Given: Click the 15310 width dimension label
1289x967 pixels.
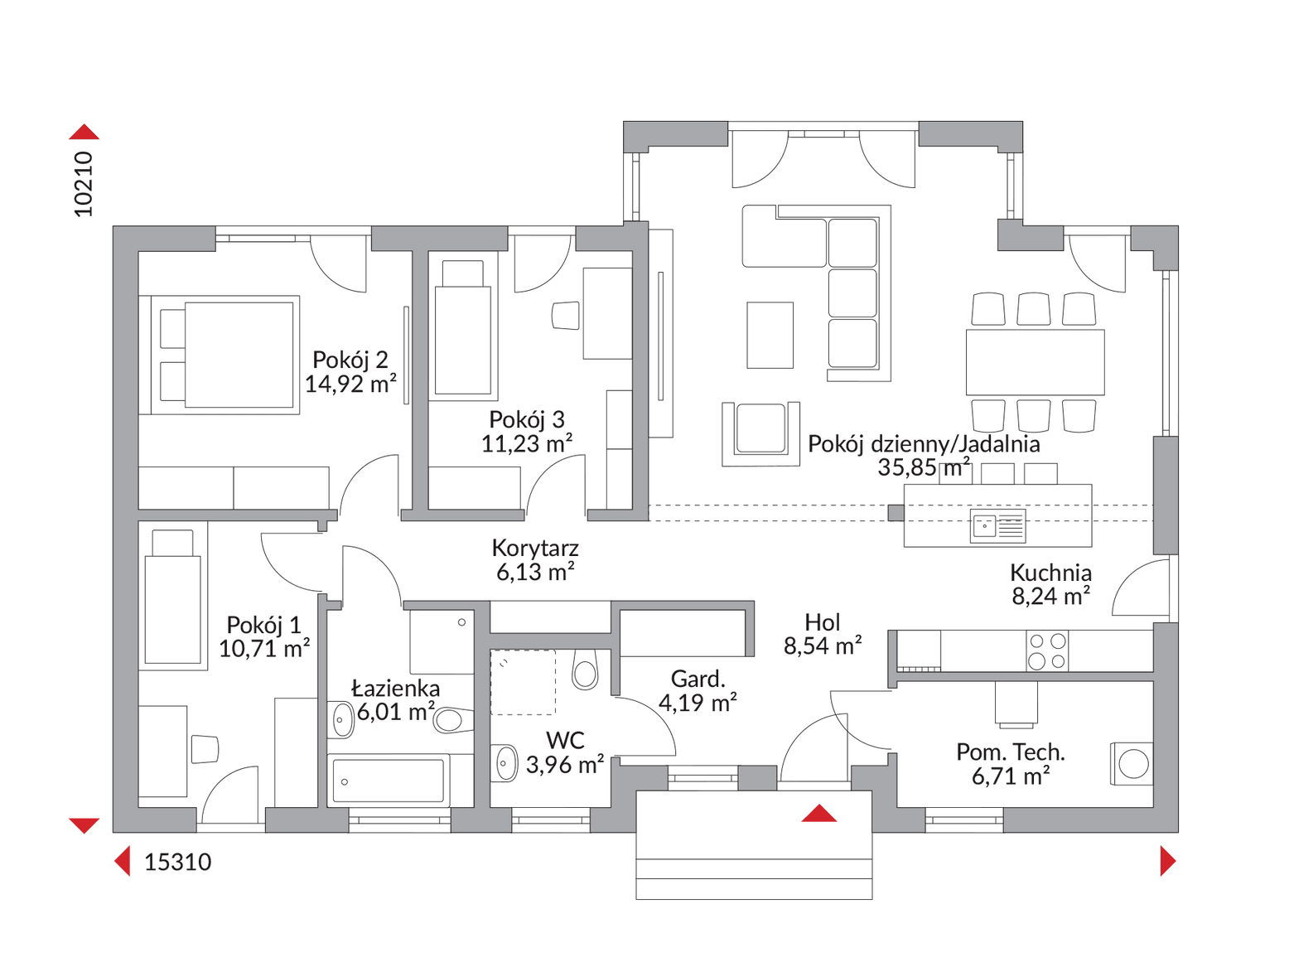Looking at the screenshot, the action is pyautogui.click(x=177, y=862).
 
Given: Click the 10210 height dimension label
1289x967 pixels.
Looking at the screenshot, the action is pyautogui.click(x=84, y=184).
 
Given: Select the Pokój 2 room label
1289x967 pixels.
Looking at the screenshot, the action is pyautogui.click(x=350, y=360).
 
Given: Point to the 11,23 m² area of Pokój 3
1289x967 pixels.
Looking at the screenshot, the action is pyautogui.click(x=526, y=444).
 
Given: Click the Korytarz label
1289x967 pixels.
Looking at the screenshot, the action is pyautogui.click(x=535, y=548).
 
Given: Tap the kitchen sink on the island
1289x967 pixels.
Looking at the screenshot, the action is pyautogui.click(x=997, y=525).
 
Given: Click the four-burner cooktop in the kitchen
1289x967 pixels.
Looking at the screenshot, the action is pyautogui.click(x=1047, y=651).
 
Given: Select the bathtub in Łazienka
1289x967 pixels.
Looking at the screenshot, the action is pyautogui.click(x=388, y=781).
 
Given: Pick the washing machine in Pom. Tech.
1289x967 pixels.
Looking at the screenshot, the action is pyautogui.click(x=1131, y=764).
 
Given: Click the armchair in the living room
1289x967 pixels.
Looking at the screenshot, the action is pyautogui.click(x=760, y=433).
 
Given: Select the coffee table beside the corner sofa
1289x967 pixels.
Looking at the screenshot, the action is pyautogui.click(x=770, y=336).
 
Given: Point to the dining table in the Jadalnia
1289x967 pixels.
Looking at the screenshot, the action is pyautogui.click(x=1035, y=361).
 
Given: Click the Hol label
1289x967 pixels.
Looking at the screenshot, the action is pyautogui.click(x=822, y=621).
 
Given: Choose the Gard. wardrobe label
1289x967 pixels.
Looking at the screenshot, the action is pyautogui.click(x=698, y=679).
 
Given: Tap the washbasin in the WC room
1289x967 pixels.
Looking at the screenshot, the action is pyautogui.click(x=504, y=763).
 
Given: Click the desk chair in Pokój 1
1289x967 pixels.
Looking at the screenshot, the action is pyautogui.click(x=205, y=749).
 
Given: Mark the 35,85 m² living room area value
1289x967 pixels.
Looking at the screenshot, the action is pyautogui.click(x=924, y=467).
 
